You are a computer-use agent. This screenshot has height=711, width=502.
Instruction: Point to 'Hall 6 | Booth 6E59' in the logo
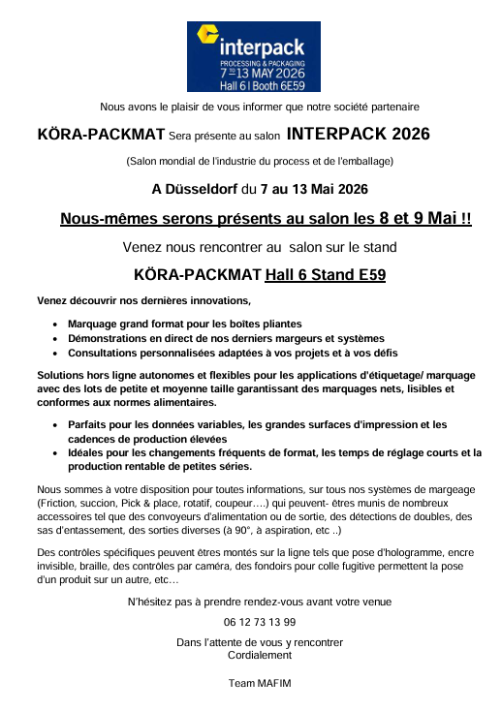click(249, 85)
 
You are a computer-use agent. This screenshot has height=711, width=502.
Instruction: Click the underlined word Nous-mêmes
click(107, 219)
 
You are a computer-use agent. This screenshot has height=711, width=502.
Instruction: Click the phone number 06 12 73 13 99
click(260, 622)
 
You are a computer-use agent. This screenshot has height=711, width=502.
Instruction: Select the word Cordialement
click(260, 655)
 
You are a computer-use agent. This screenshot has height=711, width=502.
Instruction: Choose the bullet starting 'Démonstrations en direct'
click(226, 338)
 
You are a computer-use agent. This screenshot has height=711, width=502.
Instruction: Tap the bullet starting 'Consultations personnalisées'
click(233, 353)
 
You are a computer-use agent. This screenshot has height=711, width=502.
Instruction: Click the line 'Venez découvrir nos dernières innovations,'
click(143, 301)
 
